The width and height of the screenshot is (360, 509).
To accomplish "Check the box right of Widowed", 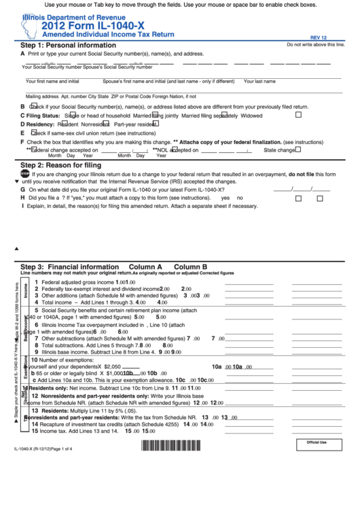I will click(x=298, y=115).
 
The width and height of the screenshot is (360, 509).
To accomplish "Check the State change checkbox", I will click(x=298, y=149).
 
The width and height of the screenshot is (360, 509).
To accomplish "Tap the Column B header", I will click(x=190, y=267).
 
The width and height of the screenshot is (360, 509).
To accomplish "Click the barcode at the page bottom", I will click(x=171, y=465).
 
